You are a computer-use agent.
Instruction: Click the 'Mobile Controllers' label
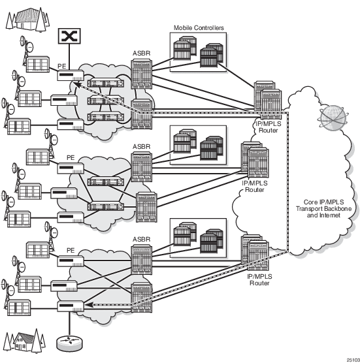199,28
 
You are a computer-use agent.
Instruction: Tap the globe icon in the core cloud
333,118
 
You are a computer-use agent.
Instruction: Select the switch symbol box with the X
69,36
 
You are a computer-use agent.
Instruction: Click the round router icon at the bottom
69,343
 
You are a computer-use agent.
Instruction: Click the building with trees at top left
27,19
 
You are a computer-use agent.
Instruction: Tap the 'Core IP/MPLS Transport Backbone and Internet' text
323,208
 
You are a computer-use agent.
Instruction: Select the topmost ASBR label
141,54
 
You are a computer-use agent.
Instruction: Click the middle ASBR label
141,146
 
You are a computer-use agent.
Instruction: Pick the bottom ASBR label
141,239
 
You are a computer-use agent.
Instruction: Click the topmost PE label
62,66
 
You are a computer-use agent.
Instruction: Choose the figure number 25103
353,360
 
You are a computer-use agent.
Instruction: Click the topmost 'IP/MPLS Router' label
269,127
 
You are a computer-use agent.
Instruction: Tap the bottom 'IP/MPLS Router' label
259,279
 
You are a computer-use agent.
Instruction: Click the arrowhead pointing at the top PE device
78,85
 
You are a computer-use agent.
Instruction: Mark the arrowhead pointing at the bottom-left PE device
90,305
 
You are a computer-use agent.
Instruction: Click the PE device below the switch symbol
71,75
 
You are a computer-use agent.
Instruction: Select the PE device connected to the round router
71,306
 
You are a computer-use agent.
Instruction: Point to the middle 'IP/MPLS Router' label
255,186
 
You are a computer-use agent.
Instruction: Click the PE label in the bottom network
71,251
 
